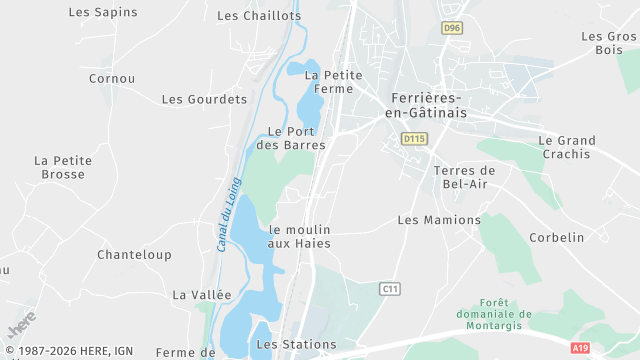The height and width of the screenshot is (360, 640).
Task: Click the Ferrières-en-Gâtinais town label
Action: pyautogui.click(x=423, y=105)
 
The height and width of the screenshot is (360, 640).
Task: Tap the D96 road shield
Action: pyautogui.click(x=452, y=29)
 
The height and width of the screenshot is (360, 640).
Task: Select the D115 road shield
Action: pyautogui.click(x=414, y=138)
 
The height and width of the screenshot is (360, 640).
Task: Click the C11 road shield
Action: pyautogui.click(x=390, y=288)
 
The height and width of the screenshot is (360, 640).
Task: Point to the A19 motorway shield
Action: pyautogui.click(x=580, y=347)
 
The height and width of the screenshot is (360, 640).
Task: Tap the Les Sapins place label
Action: pyautogui.click(x=103, y=12)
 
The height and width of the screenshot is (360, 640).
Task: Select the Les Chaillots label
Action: pyautogui.click(x=259, y=16)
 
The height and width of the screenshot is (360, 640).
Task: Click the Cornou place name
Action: pyautogui.click(x=112, y=78)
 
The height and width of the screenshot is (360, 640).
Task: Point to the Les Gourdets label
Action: pyautogui.click(x=204, y=99)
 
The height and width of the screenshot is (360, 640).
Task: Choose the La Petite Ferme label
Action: pyautogui.click(x=333, y=81)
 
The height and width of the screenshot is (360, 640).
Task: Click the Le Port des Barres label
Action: pyautogui.click(x=291, y=138)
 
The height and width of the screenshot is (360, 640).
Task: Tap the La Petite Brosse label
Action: pyautogui.click(x=63, y=167)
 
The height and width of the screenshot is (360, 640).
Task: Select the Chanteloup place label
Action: pyautogui.click(x=134, y=255)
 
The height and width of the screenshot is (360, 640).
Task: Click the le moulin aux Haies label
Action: pyautogui.click(x=299, y=236)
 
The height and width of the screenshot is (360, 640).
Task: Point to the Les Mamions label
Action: pyautogui.click(x=439, y=220)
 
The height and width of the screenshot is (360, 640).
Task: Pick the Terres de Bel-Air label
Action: pyautogui.click(x=464, y=177)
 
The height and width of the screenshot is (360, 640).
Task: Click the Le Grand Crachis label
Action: pyautogui.click(x=567, y=147)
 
